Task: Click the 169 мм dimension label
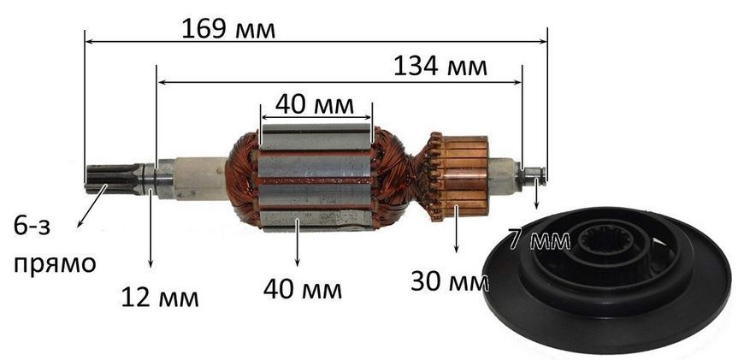coord(228,29)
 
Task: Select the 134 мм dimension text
coord(440,68)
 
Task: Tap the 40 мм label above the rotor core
coord(315,105)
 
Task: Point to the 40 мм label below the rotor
coord(302,289)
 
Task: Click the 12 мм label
coord(160,298)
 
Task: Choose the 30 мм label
coord(449,281)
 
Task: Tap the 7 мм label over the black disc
coord(539,240)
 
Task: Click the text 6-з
coord(32,227)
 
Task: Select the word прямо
coord(55,263)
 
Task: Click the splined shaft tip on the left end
coord(114,180)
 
